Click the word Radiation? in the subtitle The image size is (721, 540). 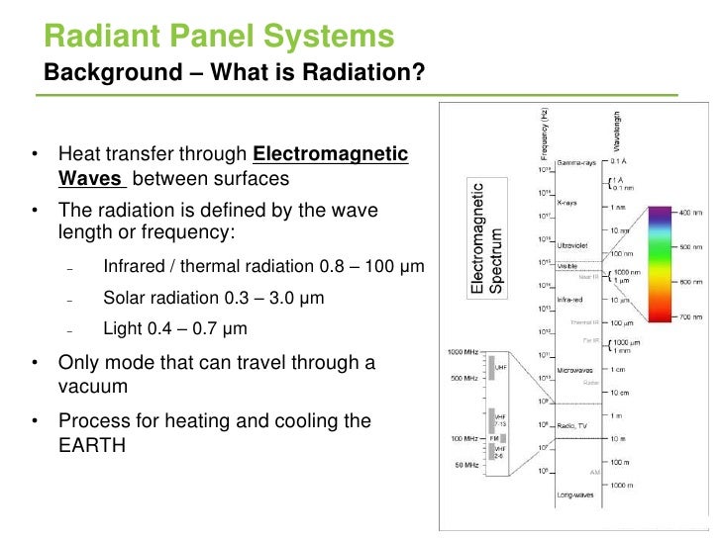(370, 72)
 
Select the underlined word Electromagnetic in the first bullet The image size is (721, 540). (331, 154)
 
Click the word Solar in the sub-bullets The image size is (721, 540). (124, 298)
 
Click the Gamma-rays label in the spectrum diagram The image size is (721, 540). (575, 161)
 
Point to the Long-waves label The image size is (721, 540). (576, 492)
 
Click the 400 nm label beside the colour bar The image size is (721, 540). (691, 213)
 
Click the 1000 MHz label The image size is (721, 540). (463, 352)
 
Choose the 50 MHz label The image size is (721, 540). (466, 464)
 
